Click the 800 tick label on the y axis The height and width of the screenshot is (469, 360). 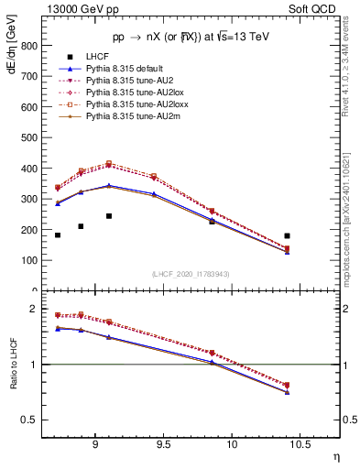pos(31,45)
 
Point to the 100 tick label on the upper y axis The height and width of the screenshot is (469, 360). pos(31,260)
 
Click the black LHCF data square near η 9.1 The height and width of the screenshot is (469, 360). pos(108,216)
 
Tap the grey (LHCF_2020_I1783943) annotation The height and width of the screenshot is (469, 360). pos(191,274)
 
